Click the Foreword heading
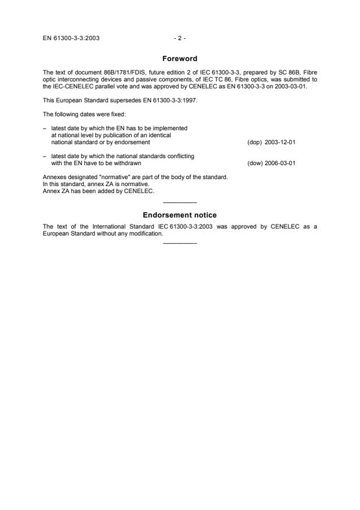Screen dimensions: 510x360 point(180,58)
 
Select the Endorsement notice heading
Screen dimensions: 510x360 point(180,215)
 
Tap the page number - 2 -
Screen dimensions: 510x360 point(180,38)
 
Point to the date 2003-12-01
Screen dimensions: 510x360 point(280,142)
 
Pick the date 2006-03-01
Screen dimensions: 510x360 point(280,163)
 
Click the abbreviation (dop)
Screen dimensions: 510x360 point(255,142)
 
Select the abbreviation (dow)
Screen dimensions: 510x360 point(255,163)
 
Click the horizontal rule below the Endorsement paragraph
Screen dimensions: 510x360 point(180,243)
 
